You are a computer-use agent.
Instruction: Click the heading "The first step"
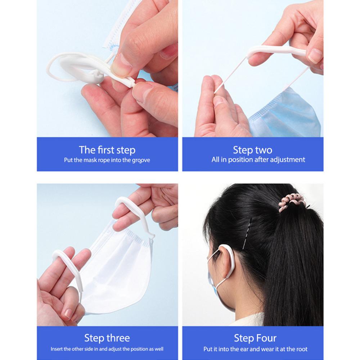(x=107, y=150)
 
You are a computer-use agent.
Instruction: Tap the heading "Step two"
(x=252, y=150)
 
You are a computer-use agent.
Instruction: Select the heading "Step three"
(x=107, y=338)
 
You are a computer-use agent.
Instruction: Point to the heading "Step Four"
(x=255, y=338)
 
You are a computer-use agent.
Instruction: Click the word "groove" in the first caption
(x=141, y=160)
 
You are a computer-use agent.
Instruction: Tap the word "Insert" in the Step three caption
(x=57, y=349)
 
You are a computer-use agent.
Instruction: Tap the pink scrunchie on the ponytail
(x=291, y=204)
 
